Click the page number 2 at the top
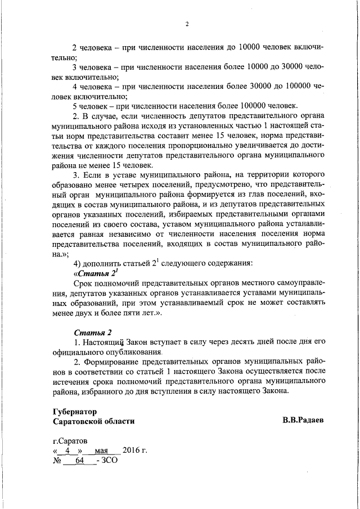(x=186, y=24)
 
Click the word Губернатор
(x=74, y=411)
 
